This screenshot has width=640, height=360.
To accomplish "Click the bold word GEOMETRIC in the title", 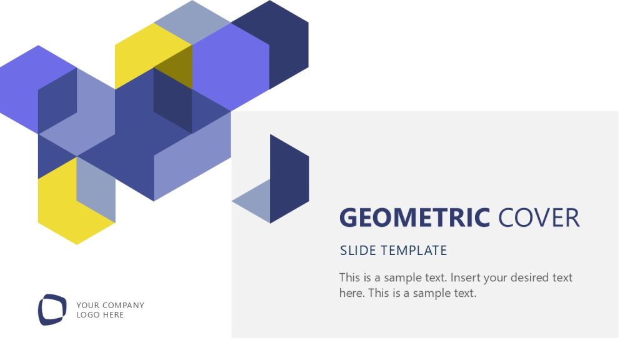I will pos(414,218).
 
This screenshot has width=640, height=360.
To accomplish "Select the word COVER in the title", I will pos(539,218).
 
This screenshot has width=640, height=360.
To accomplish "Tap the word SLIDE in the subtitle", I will pos(358,251).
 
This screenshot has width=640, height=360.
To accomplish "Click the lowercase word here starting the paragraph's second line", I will pos(351,292).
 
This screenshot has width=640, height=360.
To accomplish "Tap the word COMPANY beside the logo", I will pos(123,306).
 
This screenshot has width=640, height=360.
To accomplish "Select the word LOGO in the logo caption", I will pos(87,315).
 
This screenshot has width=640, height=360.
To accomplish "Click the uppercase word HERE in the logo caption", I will pos(113,315).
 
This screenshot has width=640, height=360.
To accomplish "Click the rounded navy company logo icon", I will pos(52,309).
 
